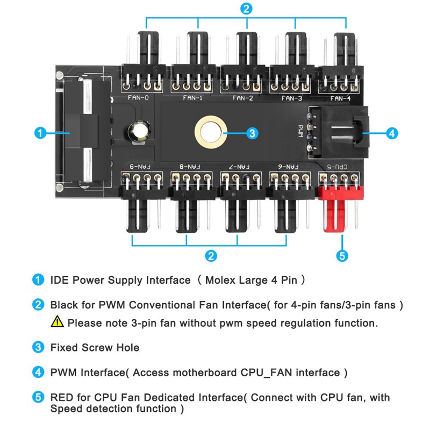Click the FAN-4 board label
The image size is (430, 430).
[x=341, y=98]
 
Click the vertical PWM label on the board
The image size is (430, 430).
[x=300, y=131]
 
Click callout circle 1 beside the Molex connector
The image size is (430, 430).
[x=39, y=133]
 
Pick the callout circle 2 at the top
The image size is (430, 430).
[x=246, y=9]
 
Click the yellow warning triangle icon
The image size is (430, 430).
[x=57, y=322]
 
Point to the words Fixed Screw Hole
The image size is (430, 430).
[x=95, y=347]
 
